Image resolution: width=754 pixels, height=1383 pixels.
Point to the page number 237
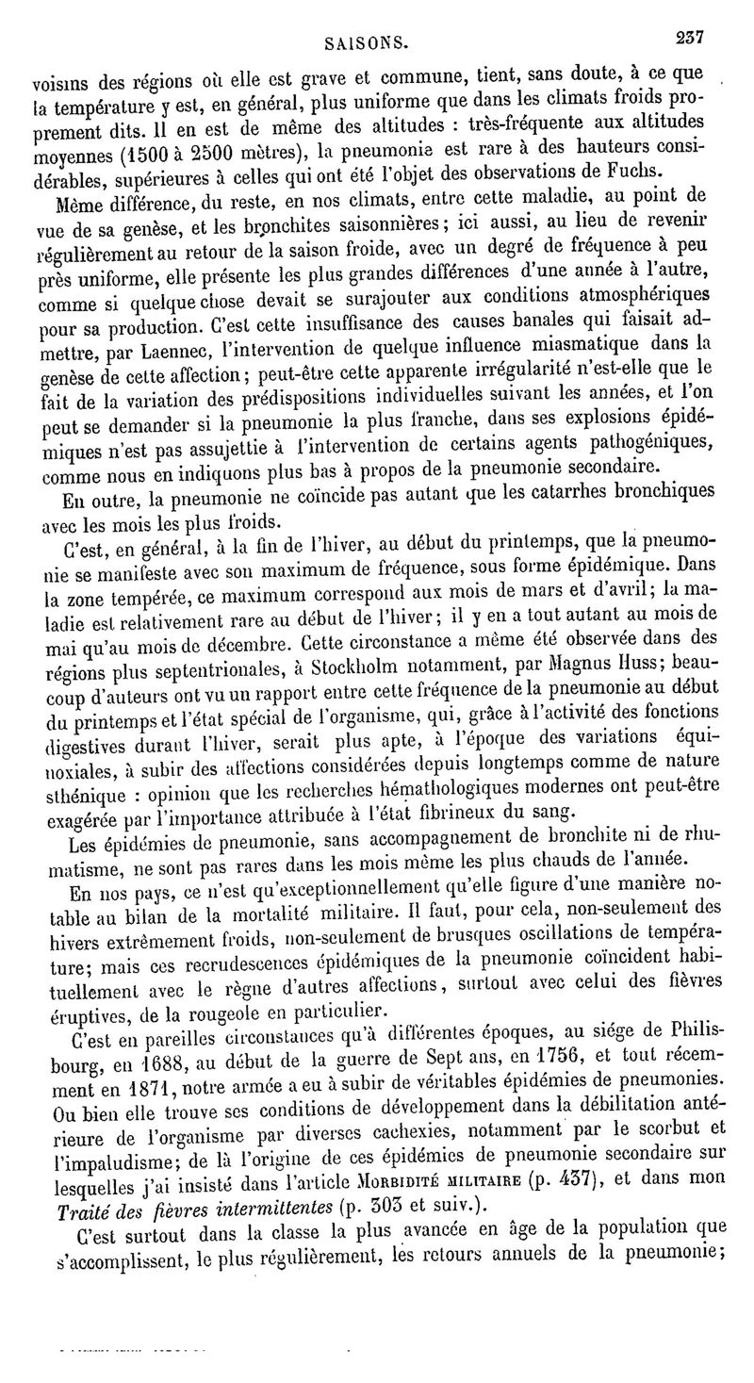[x=690, y=37]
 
